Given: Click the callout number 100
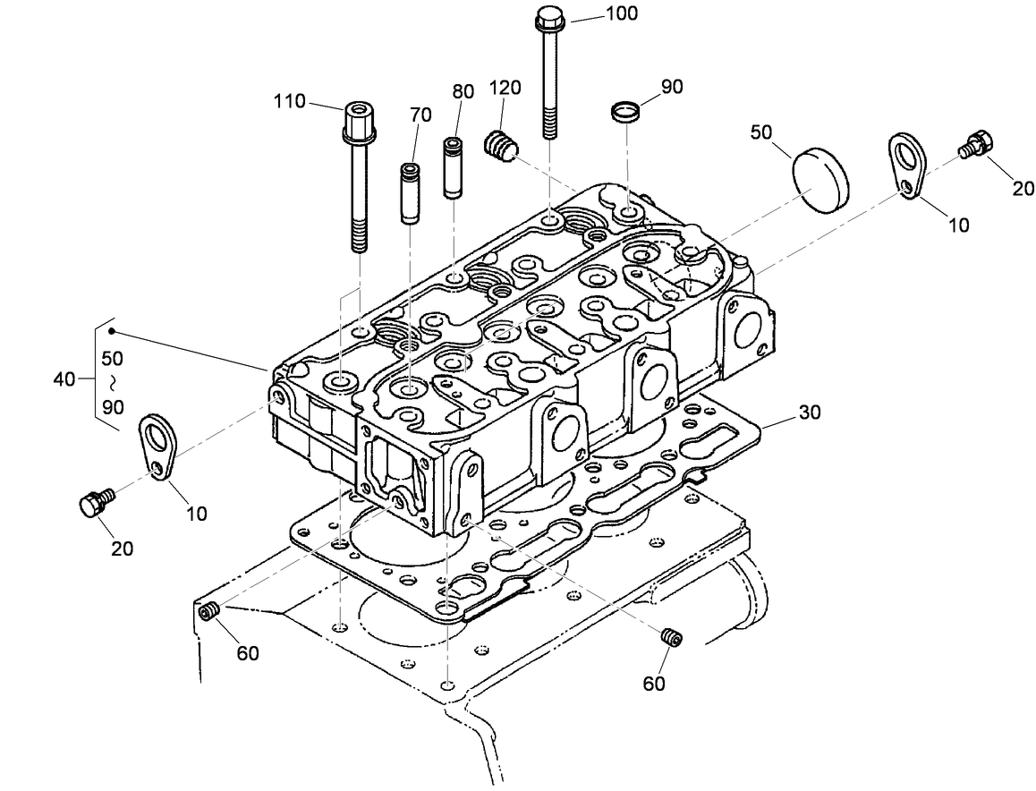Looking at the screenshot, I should click(x=622, y=14).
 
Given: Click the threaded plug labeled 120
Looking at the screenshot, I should click(x=500, y=147).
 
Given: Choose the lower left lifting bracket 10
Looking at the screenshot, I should click(x=157, y=447).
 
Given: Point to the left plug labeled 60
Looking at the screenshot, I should click(x=211, y=611).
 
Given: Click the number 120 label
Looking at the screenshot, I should click(x=505, y=88).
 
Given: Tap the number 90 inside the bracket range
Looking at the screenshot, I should click(x=113, y=406).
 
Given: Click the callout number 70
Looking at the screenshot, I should click(x=420, y=115).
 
